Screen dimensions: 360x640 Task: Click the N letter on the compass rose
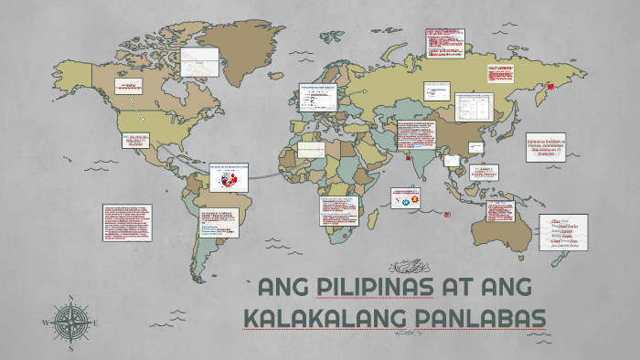tap(69, 298)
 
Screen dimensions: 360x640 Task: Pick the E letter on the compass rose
tap(95, 323)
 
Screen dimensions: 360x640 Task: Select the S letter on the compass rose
tap(69, 348)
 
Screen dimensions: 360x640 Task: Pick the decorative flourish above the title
tap(409, 267)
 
